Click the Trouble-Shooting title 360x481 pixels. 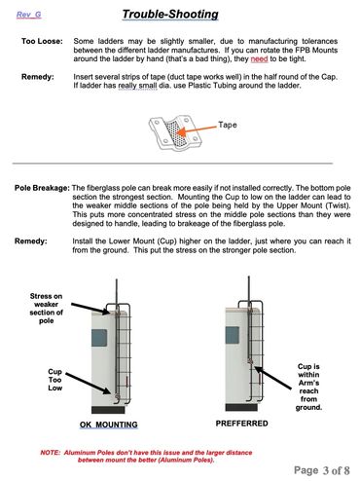click(170, 15)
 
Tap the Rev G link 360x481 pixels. click(29, 15)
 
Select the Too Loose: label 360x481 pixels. click(42, 41)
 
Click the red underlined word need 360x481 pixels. click(259, 59)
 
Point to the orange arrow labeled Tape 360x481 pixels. click(198, 129)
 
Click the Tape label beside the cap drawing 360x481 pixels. click(228, 125)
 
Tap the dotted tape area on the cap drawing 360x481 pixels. click(175, 133)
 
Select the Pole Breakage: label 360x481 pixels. click(42, 188)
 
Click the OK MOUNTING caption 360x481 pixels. click(109, 425)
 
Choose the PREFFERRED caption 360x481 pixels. click(242, 424)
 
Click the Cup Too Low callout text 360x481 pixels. click(54, 380)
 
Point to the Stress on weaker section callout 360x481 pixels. click(46, 309)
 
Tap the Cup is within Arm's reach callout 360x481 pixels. click(308, 387)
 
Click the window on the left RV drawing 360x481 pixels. click(99, 338)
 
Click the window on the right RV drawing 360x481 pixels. click(233, 336)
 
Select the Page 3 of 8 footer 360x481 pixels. click(322, 470)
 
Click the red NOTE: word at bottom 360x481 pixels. click(50, 453)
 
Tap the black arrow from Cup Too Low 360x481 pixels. click(89, 384)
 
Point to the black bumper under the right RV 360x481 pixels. click(241, 407)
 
